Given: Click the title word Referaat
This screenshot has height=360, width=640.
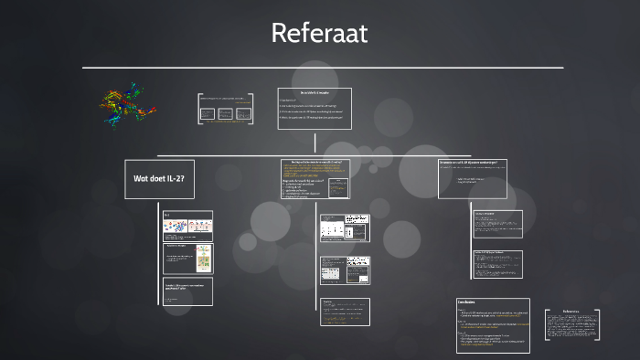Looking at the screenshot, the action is point(319,34).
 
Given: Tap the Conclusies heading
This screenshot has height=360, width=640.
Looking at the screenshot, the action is point(466,302).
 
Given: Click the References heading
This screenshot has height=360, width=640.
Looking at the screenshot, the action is point(574,311).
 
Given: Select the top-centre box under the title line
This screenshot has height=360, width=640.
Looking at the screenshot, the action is point(314,108).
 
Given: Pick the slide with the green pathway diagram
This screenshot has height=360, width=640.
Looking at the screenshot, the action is point(187,259).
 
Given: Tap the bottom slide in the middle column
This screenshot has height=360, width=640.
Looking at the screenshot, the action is point(345,311).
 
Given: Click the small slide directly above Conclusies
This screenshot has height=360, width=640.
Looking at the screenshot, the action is point(497,264).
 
